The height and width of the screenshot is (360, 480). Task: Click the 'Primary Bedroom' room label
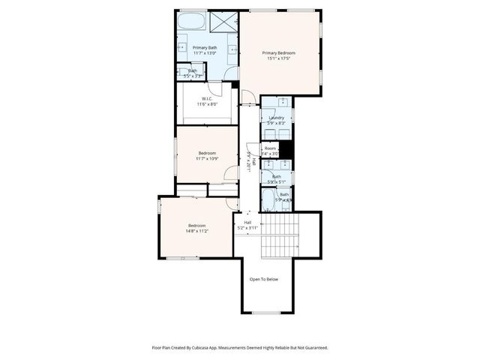pyautogui.click(x=278, y=52)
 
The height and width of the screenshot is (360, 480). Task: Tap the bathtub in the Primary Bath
pyautogui.click(x=191, y=20)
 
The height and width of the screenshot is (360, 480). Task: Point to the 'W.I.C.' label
pyautogui.click(x=207, y=98)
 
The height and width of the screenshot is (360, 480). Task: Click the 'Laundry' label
pyautogui.click(x=275, y=118)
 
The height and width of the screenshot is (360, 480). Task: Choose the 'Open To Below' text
pyautogui.click(x=264, y=279)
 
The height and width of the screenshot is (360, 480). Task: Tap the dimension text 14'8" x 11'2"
pyautogui.click(x=197, y=231)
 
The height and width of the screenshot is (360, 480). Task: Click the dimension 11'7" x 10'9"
pyautogui.click(x=196, y=158)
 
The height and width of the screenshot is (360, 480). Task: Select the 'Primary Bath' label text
pyautogui.click(x=205, y=48)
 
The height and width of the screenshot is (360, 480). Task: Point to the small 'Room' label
pyautogui.click(x=270, y=148)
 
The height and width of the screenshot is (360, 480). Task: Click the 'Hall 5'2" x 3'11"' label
pyautogui.click(x=247, y=225)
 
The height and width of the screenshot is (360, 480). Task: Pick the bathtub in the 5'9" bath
pyautogui.click(x=268, y=199)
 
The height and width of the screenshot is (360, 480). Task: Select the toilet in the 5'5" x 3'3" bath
pyautogui.click(x=186, y=73)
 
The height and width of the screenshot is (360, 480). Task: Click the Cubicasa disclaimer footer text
pyautogui.click(x=240, y=347)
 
